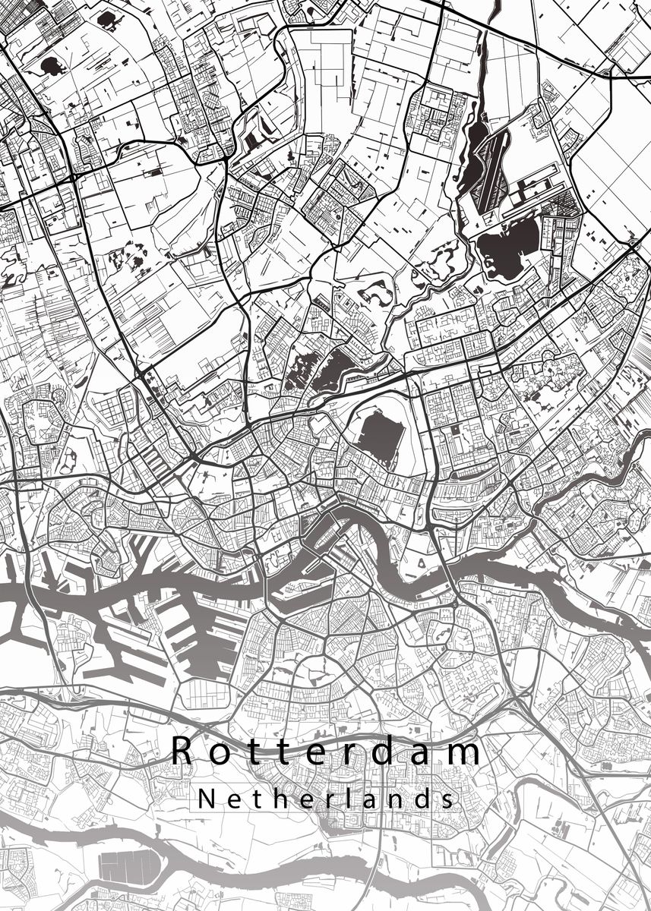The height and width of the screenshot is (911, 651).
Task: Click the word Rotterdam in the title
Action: tap(327, 752)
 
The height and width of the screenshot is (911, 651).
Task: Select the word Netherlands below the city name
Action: tap(327, 799)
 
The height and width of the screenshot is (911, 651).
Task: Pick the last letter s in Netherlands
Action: tap(449, 800)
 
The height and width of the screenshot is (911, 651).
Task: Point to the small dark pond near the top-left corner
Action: tap(53, 67)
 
